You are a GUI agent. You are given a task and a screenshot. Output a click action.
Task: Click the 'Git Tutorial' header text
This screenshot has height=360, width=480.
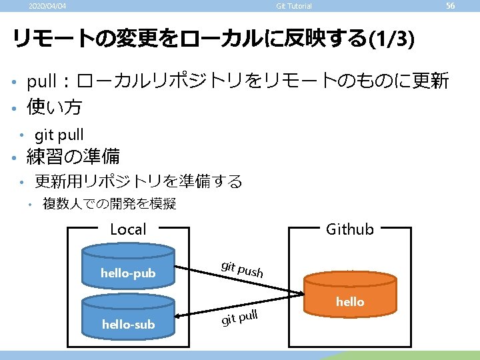[x=294, y=7]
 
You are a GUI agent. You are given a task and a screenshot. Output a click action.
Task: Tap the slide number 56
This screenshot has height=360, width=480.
[x=450, y=6]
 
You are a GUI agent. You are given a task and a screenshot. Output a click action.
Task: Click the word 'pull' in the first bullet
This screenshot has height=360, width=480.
[x=41, y=83]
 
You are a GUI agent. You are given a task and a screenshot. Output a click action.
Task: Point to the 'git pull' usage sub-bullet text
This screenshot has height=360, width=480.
[x=59, y=135]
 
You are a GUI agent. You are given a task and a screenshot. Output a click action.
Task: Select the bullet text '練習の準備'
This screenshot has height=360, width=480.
[x=73, y=157]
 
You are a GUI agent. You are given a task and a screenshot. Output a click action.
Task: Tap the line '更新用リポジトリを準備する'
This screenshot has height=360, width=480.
[x=138, y=181]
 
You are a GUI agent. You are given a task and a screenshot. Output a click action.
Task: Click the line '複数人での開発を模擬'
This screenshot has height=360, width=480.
[x=109, y=204]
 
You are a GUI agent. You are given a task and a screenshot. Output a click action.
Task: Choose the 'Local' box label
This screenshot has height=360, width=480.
[x=127, y=230]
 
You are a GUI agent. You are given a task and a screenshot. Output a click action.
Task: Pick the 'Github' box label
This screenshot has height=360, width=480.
[x=349, y=230]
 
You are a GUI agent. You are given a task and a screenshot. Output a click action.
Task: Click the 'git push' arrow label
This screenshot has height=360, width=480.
[x=243, y=268]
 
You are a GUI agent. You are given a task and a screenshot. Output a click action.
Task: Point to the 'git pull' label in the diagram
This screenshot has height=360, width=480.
[x=239, y=317]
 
